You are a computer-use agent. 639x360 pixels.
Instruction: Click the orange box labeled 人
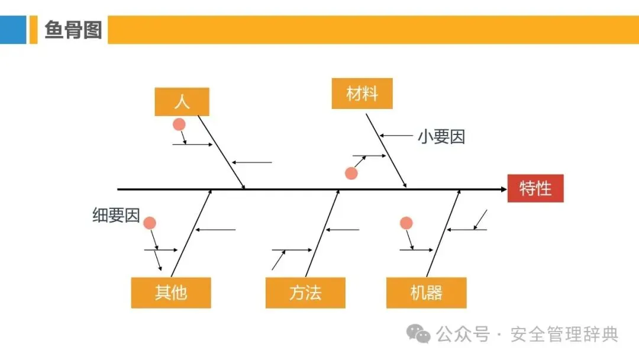coord(182,101)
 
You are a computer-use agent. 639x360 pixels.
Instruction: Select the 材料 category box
coord(362,94)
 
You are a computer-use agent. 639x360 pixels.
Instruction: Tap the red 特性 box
coord(535,188)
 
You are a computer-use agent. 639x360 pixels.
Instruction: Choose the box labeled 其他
coord(171,292)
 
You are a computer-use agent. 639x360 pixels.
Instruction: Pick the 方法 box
coord(305,292)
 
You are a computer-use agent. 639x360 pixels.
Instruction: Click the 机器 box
coord(426,292)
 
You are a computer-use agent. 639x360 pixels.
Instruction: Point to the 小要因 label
coord(441,137)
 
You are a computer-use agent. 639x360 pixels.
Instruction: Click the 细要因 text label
coord(116,216)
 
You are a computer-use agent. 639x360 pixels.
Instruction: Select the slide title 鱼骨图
coord(73,30)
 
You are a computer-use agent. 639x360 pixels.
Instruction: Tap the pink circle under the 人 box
coord(179,124)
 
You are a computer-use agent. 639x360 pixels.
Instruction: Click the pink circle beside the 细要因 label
coord(150,223)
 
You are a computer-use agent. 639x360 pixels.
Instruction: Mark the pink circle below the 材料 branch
coord(351,173)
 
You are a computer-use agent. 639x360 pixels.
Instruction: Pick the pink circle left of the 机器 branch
coord(406,223)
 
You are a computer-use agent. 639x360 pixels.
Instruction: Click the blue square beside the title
coord(13,30)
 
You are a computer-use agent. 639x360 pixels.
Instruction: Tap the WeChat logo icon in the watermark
coord(421,335)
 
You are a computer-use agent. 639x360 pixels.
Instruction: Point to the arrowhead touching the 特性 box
coord(503,189)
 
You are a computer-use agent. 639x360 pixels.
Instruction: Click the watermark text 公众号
coord(463,335)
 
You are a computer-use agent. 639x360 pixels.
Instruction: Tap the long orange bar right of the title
coord(373,30)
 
